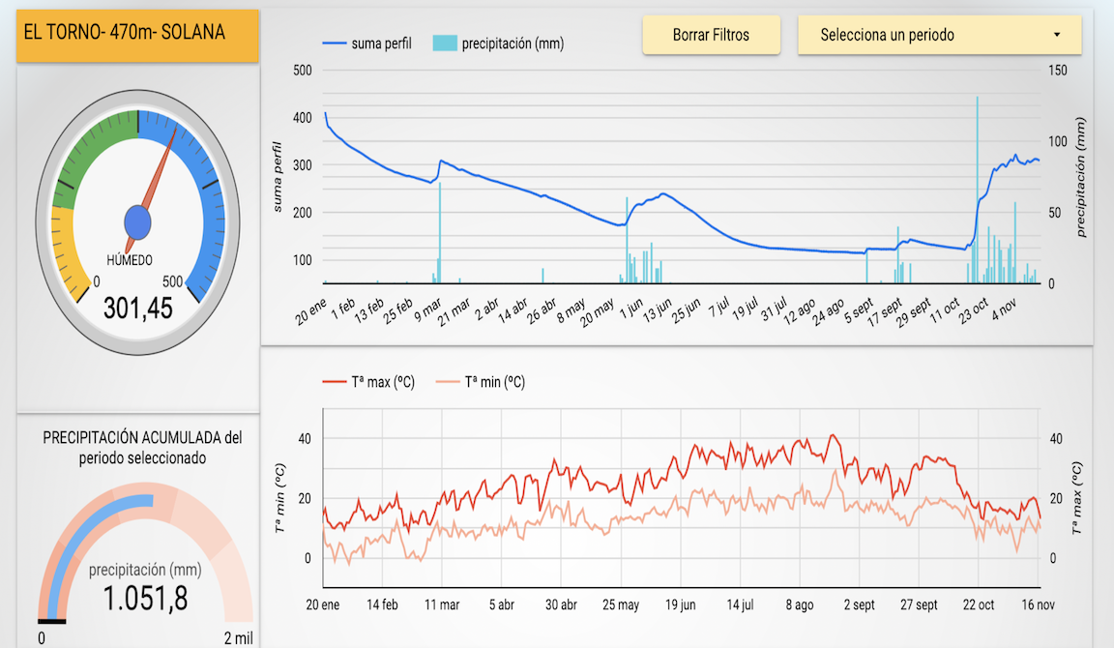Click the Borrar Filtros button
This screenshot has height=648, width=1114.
(x=711, y=36)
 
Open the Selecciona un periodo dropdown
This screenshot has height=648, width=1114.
(x=939, y=36)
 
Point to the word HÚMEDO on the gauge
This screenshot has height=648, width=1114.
(x=129, y=260)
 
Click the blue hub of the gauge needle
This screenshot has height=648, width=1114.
(x=138, y=223)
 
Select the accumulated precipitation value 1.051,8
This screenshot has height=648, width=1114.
(x=145, y=599)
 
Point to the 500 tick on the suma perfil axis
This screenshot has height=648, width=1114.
(x=302, y=70)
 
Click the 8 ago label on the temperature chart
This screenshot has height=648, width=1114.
(x=799, y=605)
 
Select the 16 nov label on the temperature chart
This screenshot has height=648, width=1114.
(x=1039, y=605)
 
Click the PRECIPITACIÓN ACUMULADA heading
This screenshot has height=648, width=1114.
(x=142, y=448)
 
